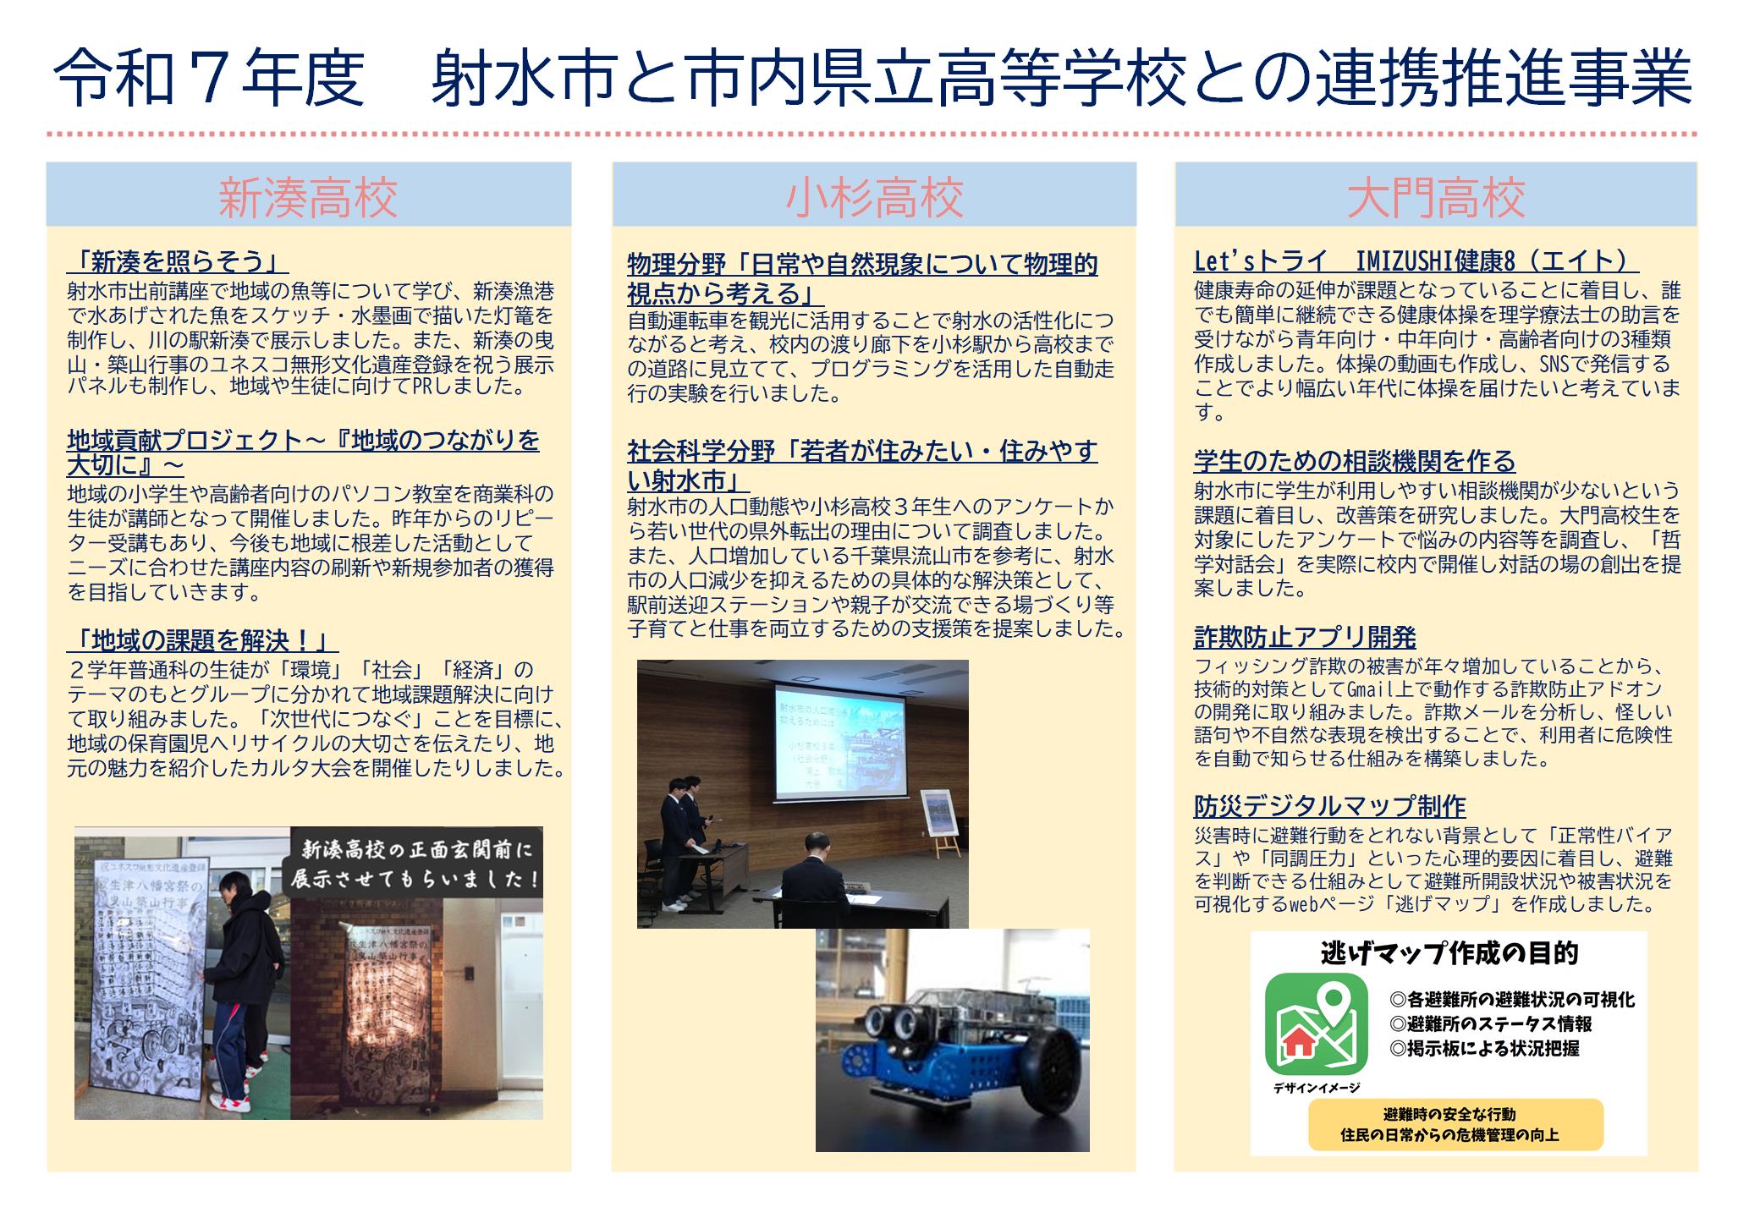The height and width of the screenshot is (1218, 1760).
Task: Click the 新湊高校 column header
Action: [308, 196]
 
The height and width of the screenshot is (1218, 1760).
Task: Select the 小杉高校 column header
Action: [874, 196]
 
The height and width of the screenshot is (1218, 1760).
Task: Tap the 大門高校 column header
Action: [1436, 196]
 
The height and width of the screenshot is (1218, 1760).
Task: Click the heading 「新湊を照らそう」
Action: [177, 261]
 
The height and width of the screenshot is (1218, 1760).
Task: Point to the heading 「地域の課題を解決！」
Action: [202, 640]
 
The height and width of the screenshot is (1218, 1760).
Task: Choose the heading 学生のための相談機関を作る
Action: [1354, 461]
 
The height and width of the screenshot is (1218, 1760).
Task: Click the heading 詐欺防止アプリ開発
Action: [1305, 637]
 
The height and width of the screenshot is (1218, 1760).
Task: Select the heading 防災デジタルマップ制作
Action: [1329, 806]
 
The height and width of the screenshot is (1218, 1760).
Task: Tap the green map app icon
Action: [1316, 1023]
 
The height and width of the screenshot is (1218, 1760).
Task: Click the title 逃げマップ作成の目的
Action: [1449, 953]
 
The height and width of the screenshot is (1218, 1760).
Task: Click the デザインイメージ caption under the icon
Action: [1316, 1088]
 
